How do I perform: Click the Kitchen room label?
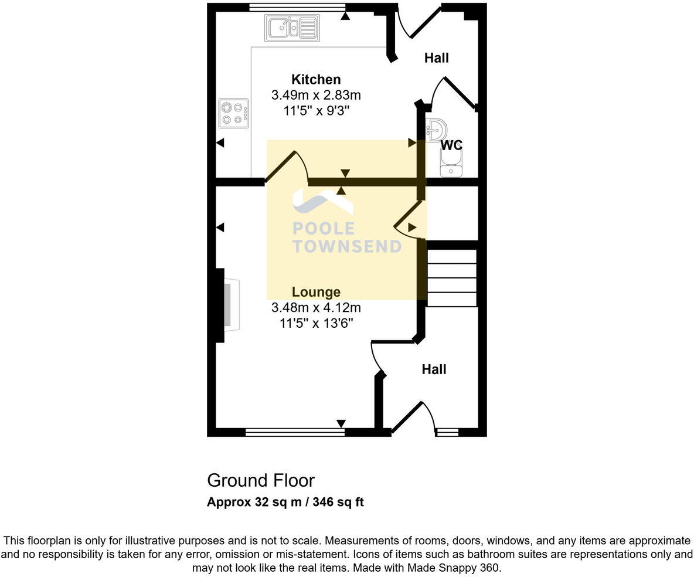click(x=316, y=80)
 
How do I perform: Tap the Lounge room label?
click(x=316, y=292)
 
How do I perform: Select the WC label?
click(x=451, y=145)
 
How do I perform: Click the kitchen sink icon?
click(x=293, y=28)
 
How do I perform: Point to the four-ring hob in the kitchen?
click(x=233, y=113)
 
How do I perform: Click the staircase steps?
click(x=452, y=277)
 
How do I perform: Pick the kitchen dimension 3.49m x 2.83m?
click(x=316, y=95)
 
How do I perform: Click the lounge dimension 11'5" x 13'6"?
click(x=316, y=323)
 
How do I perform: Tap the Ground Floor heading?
click(x=261, y=480)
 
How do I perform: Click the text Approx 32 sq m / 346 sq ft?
click(x=285, y=503)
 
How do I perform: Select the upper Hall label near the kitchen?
click(x=437, y=58)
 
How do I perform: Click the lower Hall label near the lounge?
click(x=434, y=369)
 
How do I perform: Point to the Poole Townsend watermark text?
click(x=347, y=237)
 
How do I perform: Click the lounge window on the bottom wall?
click(x=295, y=433)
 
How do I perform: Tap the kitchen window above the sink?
click(x=297, y=7)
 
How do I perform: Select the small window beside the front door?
click(x=447, y=433)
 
